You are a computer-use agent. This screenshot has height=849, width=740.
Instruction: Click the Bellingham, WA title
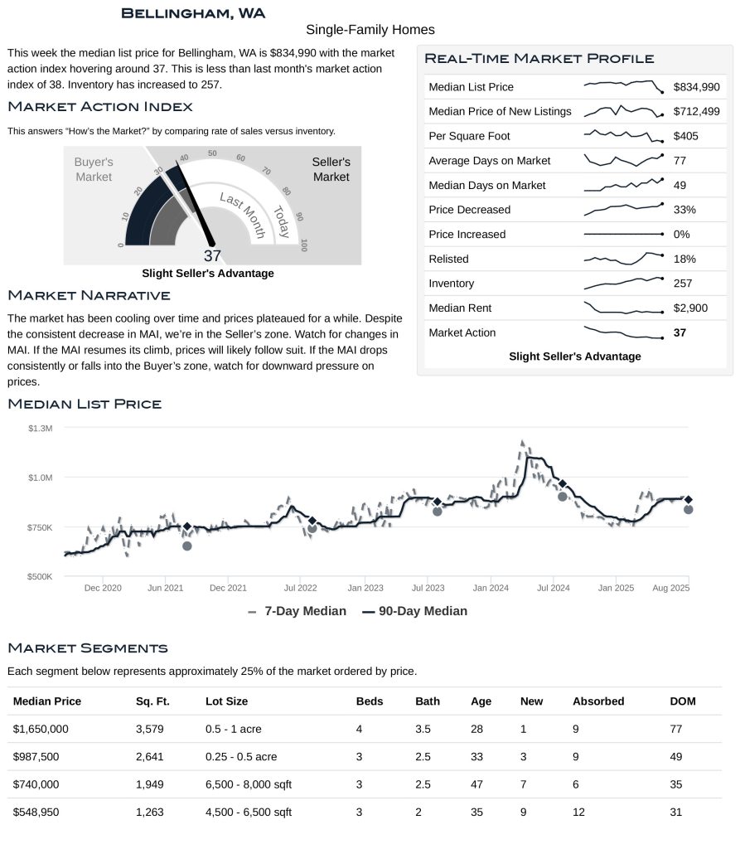click(x=192, y=13)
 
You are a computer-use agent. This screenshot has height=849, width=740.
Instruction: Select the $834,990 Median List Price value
click(x=696, y=87)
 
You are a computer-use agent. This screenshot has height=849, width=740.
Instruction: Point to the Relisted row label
click(x=448, y=260)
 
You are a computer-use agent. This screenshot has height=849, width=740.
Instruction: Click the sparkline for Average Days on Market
click(x=623, y=159)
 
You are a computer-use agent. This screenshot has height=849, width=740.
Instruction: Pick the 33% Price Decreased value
click(x=684, y=210)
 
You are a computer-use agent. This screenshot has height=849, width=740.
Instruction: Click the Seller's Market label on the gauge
click(x=331, y=169)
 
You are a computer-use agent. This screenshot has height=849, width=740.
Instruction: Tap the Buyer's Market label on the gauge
click(x=94, y=169)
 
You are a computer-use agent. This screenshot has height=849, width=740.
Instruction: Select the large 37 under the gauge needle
click(x=212, y=256)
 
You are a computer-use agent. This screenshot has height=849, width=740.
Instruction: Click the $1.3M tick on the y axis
click(x=40, y=429)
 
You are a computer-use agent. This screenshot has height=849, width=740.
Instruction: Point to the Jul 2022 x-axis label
click(x=300, y=588)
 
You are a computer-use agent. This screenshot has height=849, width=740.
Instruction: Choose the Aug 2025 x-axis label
click(x=670, y=588)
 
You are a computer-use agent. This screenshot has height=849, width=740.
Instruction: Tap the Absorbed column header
click(x=597, y=701)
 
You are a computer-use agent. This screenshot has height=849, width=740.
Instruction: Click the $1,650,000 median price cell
click(x=41, y=730)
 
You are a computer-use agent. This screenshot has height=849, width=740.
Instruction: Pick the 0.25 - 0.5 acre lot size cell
click(x=241, y=757)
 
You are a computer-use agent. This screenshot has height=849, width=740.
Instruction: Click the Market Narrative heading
click(x=89, y=295)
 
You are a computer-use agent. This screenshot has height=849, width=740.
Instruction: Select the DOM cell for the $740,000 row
click(x=675, y=784)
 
